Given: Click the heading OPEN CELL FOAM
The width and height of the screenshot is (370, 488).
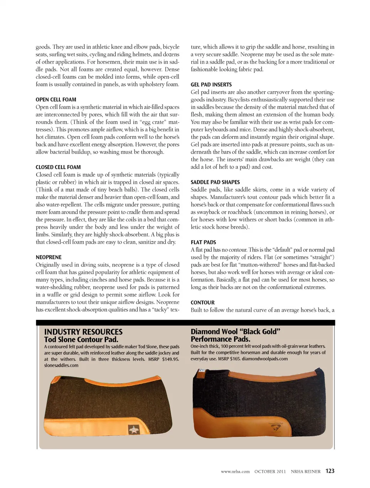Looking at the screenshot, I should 56,100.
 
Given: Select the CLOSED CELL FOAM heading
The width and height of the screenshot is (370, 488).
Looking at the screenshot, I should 58,167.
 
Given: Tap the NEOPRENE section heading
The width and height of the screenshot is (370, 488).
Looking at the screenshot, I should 49,257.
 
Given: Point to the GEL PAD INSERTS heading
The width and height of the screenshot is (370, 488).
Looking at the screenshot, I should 211,84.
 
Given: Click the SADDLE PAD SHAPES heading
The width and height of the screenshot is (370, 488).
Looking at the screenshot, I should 215,182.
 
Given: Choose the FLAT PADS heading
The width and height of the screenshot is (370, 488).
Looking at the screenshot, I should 203,242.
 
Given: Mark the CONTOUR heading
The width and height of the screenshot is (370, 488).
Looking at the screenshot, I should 202,302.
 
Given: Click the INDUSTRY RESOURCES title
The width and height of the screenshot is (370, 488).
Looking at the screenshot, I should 83,332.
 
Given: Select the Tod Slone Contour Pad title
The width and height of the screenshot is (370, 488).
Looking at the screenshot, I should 81,339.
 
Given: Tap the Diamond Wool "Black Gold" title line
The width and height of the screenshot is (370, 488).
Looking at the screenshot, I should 235,331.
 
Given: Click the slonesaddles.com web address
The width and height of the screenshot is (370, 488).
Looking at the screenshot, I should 61,365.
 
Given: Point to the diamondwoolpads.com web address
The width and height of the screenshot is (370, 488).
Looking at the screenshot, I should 265,359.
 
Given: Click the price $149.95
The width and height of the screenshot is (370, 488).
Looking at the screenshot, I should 170,359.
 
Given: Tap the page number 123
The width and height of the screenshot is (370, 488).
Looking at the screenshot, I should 330,471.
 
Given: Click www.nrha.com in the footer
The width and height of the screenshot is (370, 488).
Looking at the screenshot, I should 235,471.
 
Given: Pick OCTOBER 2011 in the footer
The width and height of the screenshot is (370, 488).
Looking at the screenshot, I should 270,471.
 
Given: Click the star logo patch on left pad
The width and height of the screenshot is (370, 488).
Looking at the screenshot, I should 134,429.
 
